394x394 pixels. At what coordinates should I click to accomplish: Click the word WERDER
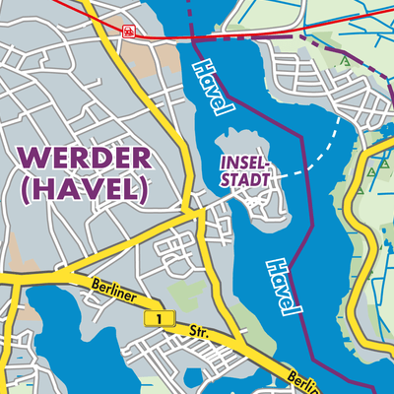coord(84,157)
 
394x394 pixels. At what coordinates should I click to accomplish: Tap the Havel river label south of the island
coord(281,287)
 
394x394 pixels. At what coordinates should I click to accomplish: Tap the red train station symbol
coord(128,32)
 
